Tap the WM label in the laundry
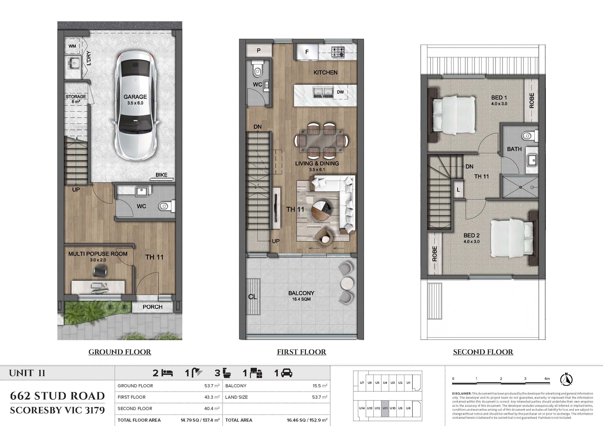tap(72, 46)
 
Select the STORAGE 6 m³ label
tap(76, 99)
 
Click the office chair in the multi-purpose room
tap(100, 271)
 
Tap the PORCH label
tap(153, 307)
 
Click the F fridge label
tap(307, 52)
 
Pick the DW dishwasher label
tap(340, 92)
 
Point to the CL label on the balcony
tap(253, 297)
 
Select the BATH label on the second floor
tap(514, 149)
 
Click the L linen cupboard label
tap(458, 190)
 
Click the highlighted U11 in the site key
tap(385, 408)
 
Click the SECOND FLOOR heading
tap(483, 352)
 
